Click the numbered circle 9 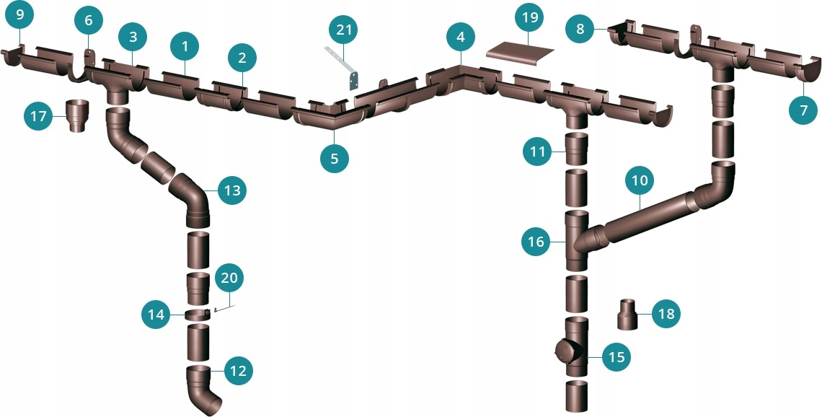tap(19, 14)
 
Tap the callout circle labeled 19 tap(530, 18)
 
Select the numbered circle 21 tap(343, 30)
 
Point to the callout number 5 tap(335, 158)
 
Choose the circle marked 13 tap(231, 190)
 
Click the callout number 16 tap(536, 242)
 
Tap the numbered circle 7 tap(804, 110)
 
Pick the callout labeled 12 tap(238, 371)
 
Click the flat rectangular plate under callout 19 tap(520, 53)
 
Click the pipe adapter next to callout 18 tap(628, 314)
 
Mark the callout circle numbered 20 tap(229, 278)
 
